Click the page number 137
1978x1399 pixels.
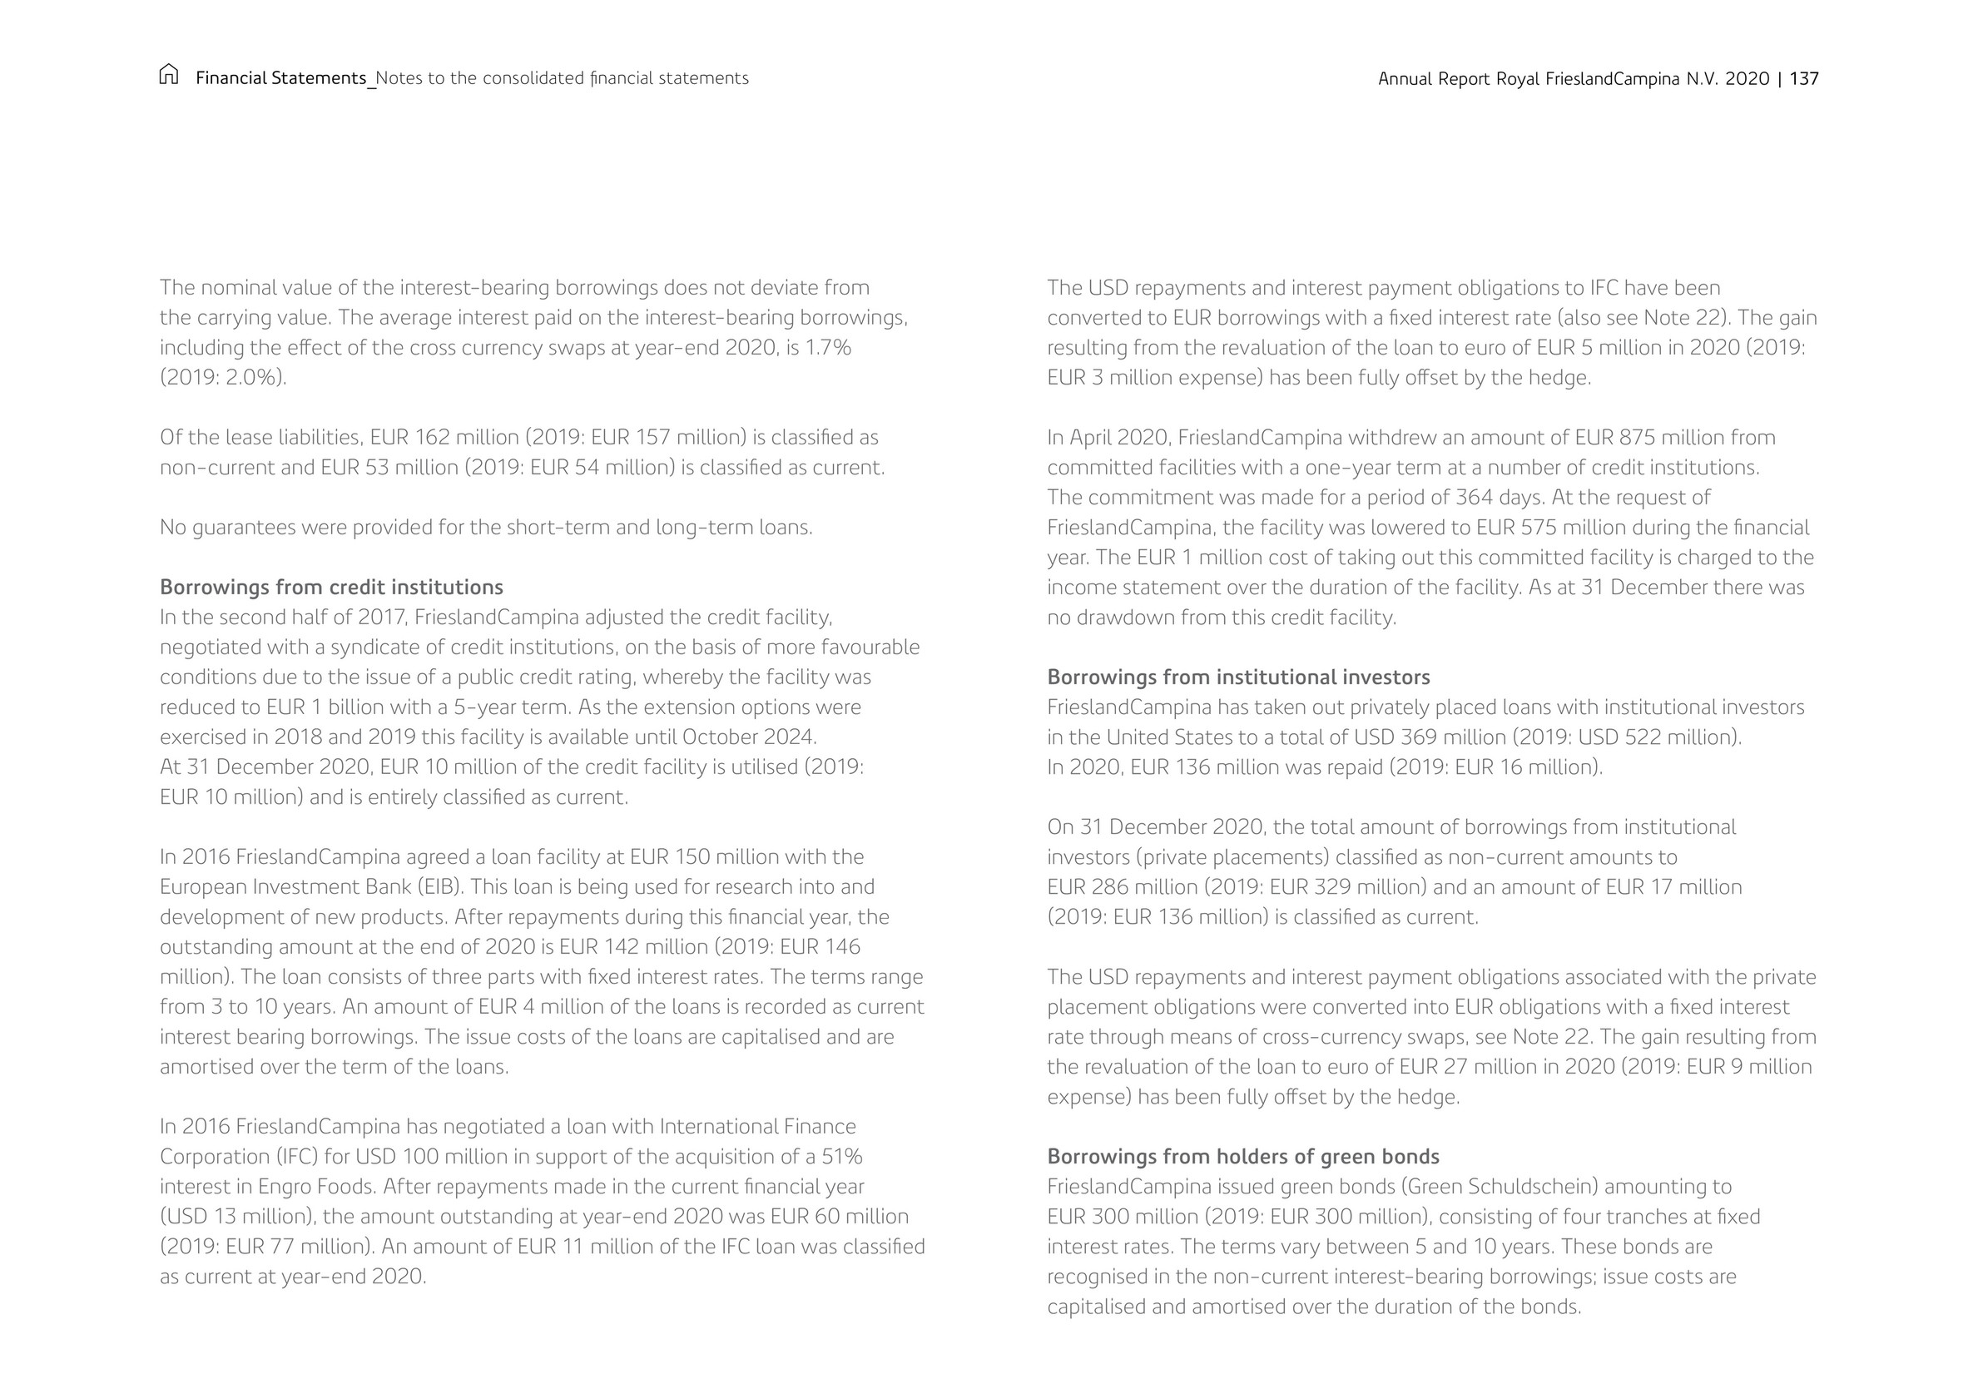(x=1804, y=78)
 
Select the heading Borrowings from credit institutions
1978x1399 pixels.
(x=332, y=588)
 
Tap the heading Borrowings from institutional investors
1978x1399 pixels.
(x=1238, y=677)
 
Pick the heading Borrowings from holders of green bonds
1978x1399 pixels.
(x=1243, y=1156)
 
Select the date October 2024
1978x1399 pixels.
(x=748, y=737)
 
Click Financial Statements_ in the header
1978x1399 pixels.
(x=286, y=78)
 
